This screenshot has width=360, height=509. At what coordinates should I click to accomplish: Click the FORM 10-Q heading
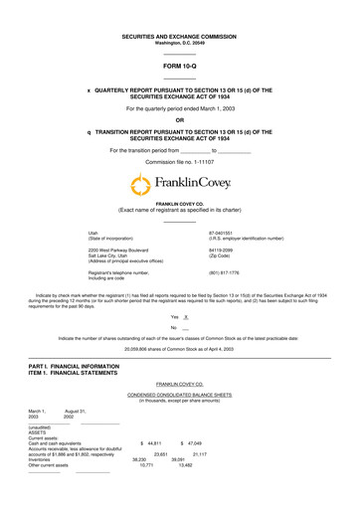click(179, 68)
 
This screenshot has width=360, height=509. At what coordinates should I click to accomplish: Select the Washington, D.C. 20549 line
click(179, 44)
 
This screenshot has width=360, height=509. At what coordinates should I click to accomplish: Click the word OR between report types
click(179, 123)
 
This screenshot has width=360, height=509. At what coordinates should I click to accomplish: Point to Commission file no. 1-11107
click(179, 161)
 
